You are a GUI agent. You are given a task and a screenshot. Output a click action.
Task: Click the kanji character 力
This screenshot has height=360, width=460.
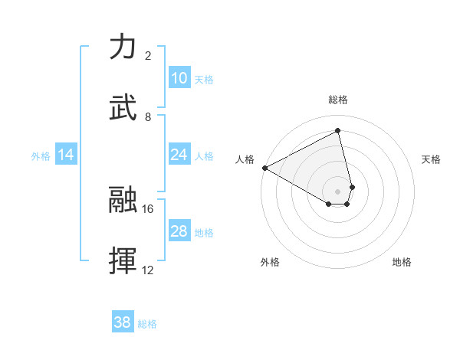tap(123, 47)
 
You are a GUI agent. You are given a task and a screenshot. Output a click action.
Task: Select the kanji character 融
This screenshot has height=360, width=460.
tap(123, 200)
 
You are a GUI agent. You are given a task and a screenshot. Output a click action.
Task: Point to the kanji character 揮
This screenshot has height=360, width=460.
tap(123, 261)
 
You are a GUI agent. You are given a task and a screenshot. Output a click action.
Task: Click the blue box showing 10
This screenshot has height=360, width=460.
tap(179, 78)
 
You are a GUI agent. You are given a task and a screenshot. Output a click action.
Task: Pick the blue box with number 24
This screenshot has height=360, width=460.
tap(179, 155)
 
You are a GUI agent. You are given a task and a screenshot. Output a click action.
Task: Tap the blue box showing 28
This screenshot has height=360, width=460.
tap(179, 231)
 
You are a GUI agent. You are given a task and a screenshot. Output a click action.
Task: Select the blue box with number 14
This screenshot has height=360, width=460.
tap(66, 155)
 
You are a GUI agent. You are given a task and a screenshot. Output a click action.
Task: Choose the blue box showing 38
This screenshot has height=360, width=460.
tap(122, 323)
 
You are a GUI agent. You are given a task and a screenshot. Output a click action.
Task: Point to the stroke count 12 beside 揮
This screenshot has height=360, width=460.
tap(148, 270)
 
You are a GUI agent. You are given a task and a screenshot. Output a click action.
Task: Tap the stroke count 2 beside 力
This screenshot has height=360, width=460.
tap(148, 55)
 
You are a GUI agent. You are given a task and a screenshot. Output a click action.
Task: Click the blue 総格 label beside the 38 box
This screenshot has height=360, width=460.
tap(147, 324)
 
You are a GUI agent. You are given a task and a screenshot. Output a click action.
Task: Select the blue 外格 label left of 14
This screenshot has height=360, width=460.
tap(41, 155)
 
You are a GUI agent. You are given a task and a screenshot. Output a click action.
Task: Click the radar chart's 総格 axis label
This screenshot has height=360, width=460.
tap(338, 100)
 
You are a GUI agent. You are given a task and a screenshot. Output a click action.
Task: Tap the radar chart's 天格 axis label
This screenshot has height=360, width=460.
tap(432, 159)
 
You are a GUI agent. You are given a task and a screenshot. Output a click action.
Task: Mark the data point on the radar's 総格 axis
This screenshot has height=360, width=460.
tap(338, 130)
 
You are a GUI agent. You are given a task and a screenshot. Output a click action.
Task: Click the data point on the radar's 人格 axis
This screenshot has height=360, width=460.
tap(264, 167)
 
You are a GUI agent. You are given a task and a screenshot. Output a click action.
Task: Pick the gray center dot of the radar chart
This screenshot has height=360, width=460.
tap(338, 191)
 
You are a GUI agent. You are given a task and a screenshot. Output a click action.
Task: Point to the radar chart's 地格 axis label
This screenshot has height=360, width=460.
tap(402, 262)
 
